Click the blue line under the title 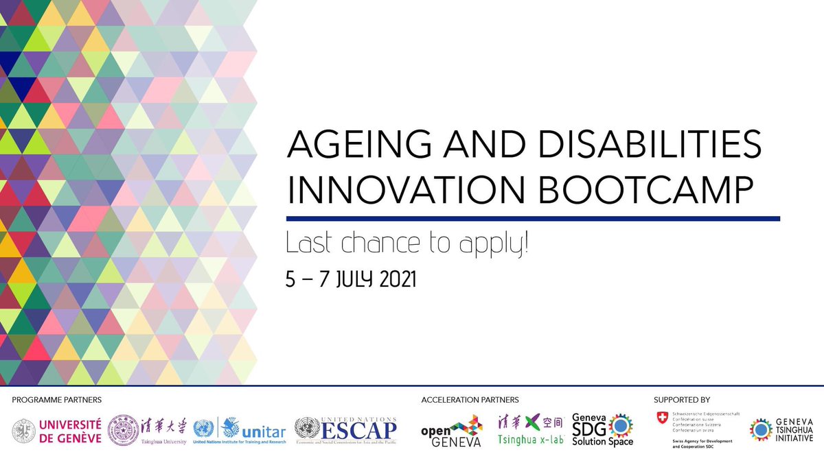pyautogui.click(x=532, y=219)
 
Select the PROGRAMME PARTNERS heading pyautogui.click(x=56, y=399)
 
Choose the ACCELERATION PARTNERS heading pyautogui.click(x=469, y=399)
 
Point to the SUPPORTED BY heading pyautogui.click(x=682, y=399)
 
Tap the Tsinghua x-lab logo pyautogui.click(x=530, y=431)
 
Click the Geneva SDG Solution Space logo pyautogui.click(x=603, y=431)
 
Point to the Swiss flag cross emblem pyautogui.click(x=663, y=417)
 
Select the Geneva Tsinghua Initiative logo pyautogui.click(x=781, y=429)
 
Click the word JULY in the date pyautogui.click(x=345, y=280)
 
